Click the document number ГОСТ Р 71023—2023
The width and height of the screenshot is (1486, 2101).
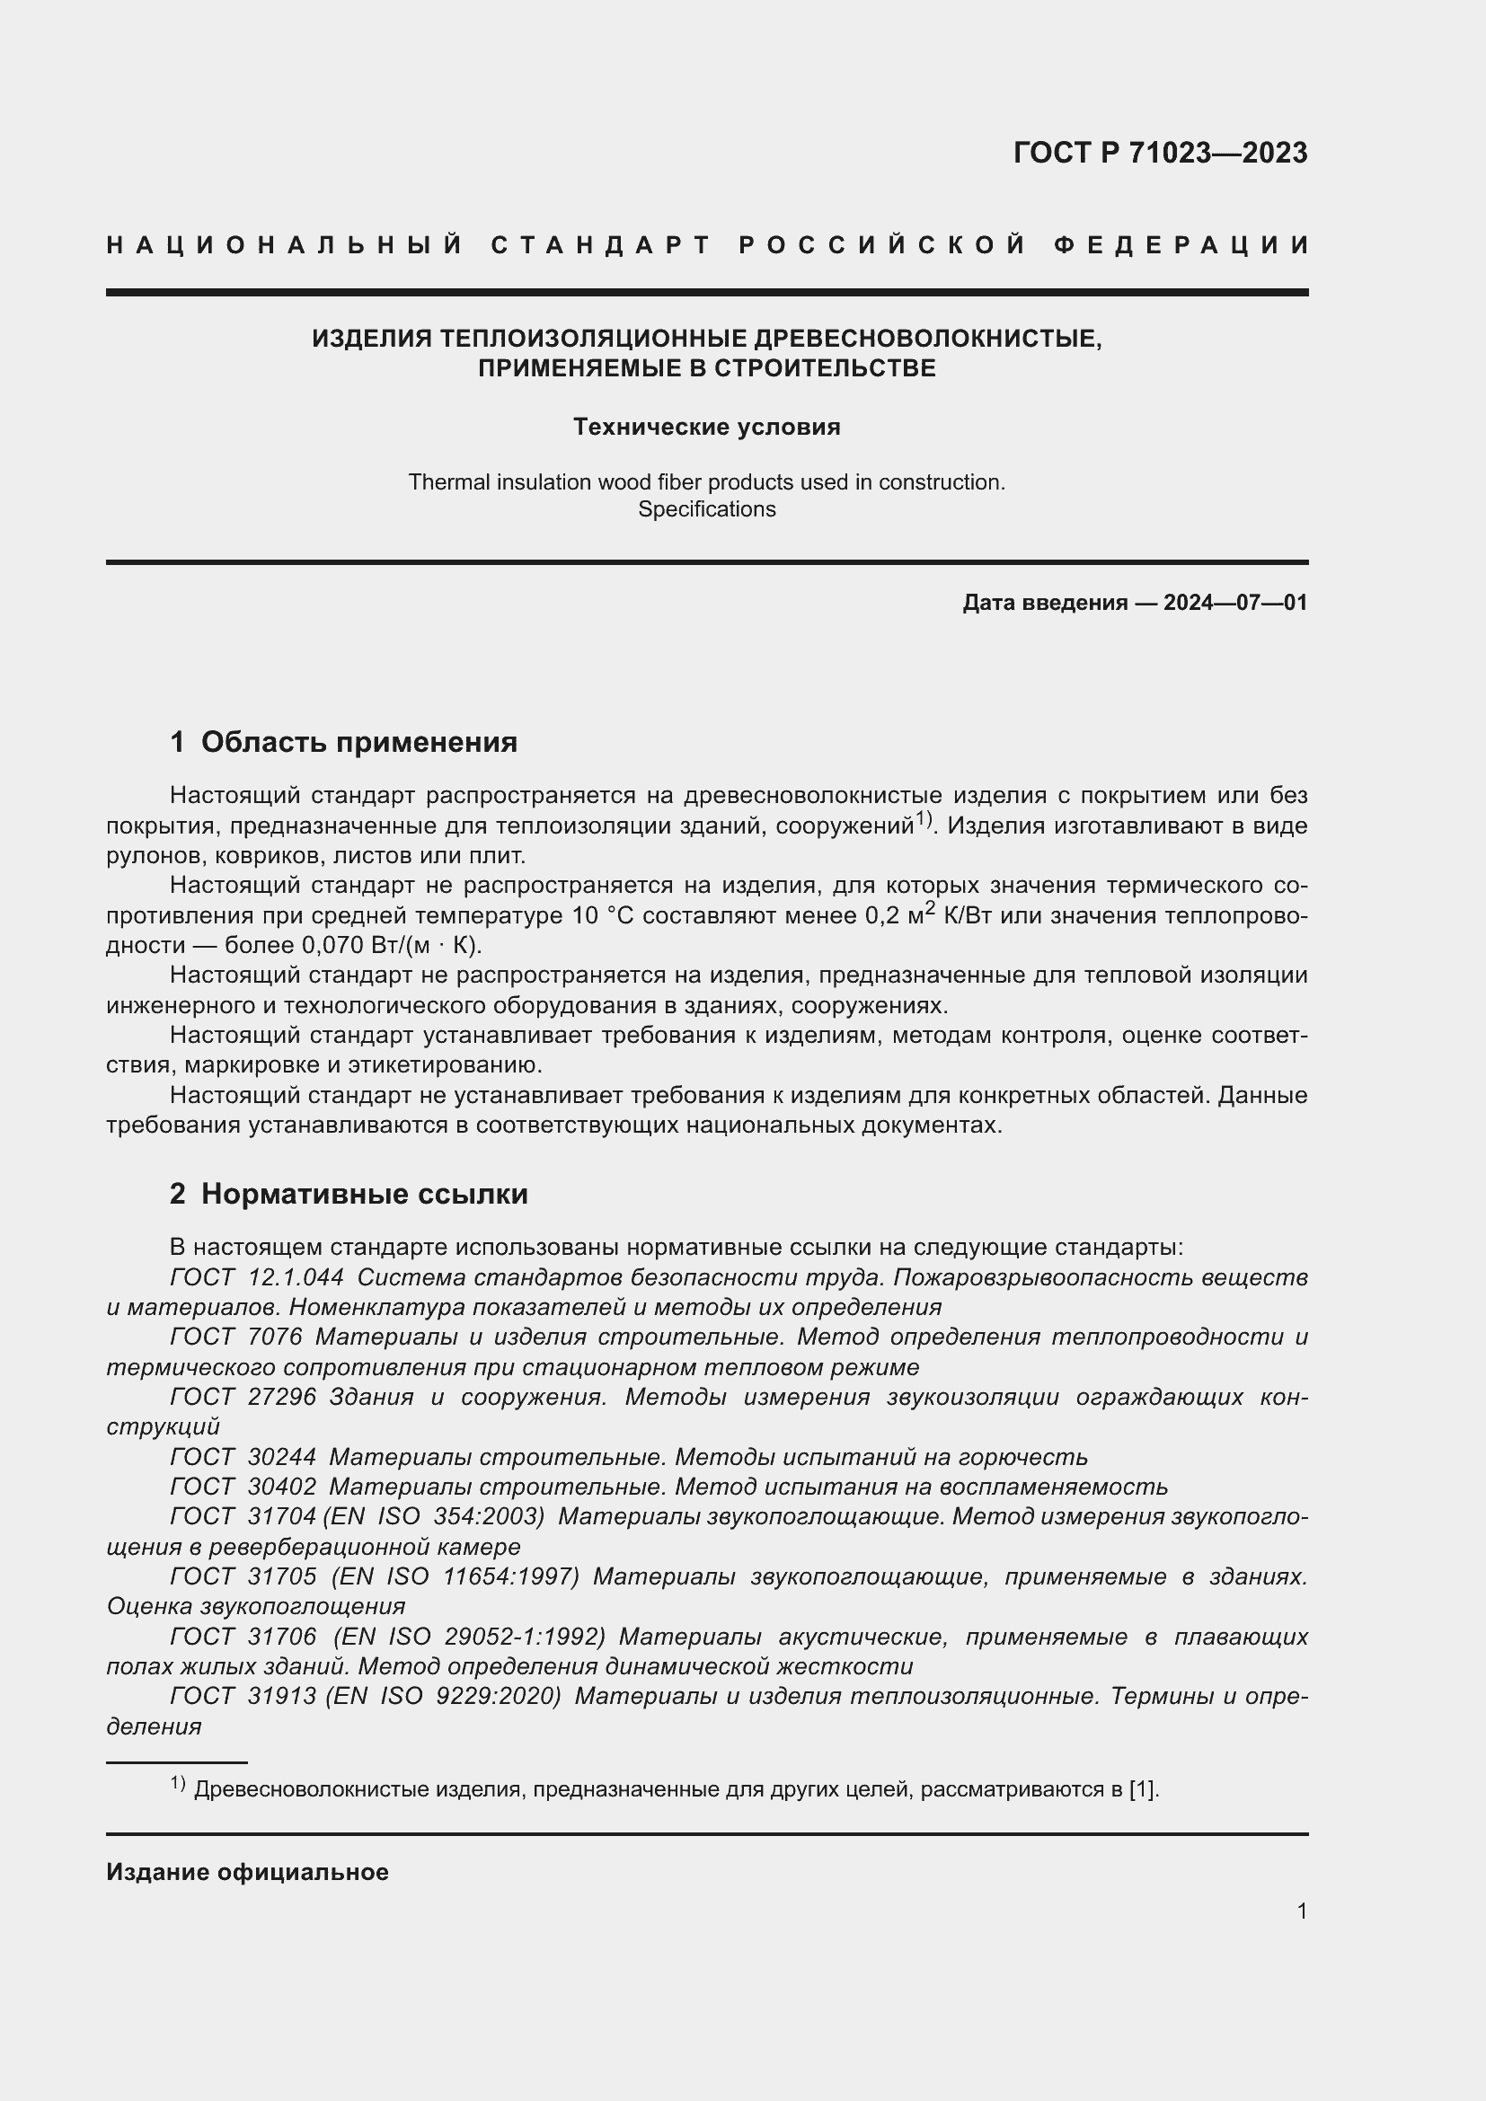point(1159,153)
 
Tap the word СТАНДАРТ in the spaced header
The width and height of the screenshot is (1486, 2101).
point(601,245)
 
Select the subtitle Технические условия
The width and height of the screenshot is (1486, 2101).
point(706,427)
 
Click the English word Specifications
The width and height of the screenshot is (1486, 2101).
point(706,509)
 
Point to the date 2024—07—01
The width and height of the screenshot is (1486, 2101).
point(1235,602)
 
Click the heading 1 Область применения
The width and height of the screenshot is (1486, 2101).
point(343,741)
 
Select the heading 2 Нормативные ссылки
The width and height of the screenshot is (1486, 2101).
point(349,1193)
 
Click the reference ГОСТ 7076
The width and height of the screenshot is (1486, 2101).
point(236,1337)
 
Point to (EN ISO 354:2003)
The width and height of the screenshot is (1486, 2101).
point(434,1517)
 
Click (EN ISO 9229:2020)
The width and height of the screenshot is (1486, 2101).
point(442,1697)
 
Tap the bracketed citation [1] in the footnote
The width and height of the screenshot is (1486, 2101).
point(1142,1789)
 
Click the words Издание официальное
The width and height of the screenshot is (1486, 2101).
point(247,1872)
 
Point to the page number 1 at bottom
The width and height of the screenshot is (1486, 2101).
point(1301,1911)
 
